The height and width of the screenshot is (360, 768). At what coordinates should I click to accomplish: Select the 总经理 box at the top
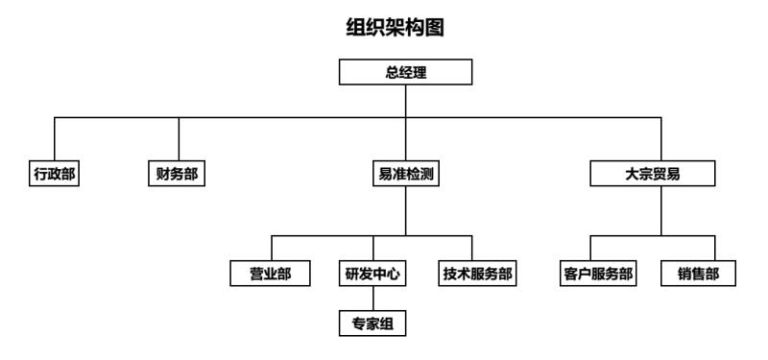point(405,73)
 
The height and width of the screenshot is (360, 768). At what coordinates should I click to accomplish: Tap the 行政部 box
point(54,175)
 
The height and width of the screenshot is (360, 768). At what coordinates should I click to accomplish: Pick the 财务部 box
point(179,175)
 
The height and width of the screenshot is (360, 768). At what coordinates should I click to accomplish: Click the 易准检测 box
point(405,175)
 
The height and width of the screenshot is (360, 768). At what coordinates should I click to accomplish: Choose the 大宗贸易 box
point(653,175)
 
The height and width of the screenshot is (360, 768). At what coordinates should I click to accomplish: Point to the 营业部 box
point(271,274)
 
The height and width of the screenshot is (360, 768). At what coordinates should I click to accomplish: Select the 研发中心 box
point(372,274)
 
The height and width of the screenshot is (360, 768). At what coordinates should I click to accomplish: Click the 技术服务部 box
point(477,274)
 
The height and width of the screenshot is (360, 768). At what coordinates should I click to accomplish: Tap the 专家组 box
point(372,324)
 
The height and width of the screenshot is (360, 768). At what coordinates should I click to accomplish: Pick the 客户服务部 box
point(597,274)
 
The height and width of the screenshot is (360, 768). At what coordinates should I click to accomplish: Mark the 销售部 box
point(699,274)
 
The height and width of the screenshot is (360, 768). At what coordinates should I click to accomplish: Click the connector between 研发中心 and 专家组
point(372,299)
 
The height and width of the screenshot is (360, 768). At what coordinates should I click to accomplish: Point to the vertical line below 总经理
point(405,101)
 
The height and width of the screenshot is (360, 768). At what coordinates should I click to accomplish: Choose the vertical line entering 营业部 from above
point(272,249)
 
